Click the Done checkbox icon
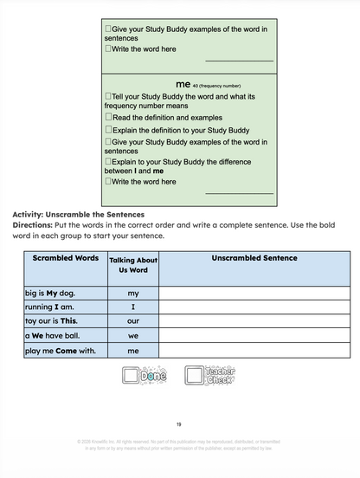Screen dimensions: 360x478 [145, 376]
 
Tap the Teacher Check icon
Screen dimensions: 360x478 [210, 376]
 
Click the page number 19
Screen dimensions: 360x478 [179, 424]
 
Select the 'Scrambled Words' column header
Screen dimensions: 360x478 [65, 258]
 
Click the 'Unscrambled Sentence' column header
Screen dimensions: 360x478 [254, 258]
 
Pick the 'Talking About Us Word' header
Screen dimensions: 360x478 [133, 265]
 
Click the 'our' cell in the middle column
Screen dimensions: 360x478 [133, 321]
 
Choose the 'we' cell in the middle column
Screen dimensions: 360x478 [133, 335]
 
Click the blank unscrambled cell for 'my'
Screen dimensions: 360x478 [254, 294]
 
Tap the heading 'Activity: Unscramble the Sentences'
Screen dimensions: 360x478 [78, 214]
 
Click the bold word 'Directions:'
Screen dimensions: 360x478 [33, 224]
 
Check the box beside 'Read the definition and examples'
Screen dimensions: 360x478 [108, 117]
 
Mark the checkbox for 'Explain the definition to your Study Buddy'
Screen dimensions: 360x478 [108, 130]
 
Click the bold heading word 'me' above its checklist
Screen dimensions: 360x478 [182, 84]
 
